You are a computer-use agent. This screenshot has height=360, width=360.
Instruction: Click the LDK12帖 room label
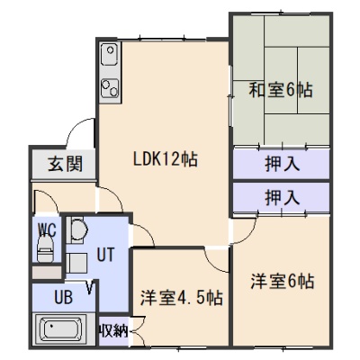(166, 158)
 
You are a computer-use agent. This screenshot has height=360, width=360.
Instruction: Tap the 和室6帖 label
(281, 90)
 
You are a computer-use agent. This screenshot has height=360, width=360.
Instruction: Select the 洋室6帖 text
(283, 281)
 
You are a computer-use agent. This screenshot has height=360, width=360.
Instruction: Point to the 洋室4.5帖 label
(182, 298)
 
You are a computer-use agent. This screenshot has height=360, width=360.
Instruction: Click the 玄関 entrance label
(66, 164)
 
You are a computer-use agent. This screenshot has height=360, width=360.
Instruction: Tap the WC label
(47, 230)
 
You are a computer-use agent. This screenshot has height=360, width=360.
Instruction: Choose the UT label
(105, 254)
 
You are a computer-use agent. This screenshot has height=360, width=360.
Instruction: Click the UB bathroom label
(64, 297)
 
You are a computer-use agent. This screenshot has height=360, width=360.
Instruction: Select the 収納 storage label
(113, 331)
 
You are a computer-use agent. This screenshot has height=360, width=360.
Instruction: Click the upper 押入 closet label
(283, 164)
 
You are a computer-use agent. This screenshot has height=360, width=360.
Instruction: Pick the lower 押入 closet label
(283, 198)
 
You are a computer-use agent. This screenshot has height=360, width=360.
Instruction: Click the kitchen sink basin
(109, 54)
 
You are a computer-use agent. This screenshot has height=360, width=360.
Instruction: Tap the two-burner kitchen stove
(110, 88)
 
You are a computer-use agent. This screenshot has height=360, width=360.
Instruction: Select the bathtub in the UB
(62, 329)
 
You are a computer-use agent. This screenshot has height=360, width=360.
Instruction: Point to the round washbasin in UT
(79, 230)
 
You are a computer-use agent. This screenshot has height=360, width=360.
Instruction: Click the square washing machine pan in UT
(76, 263)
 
